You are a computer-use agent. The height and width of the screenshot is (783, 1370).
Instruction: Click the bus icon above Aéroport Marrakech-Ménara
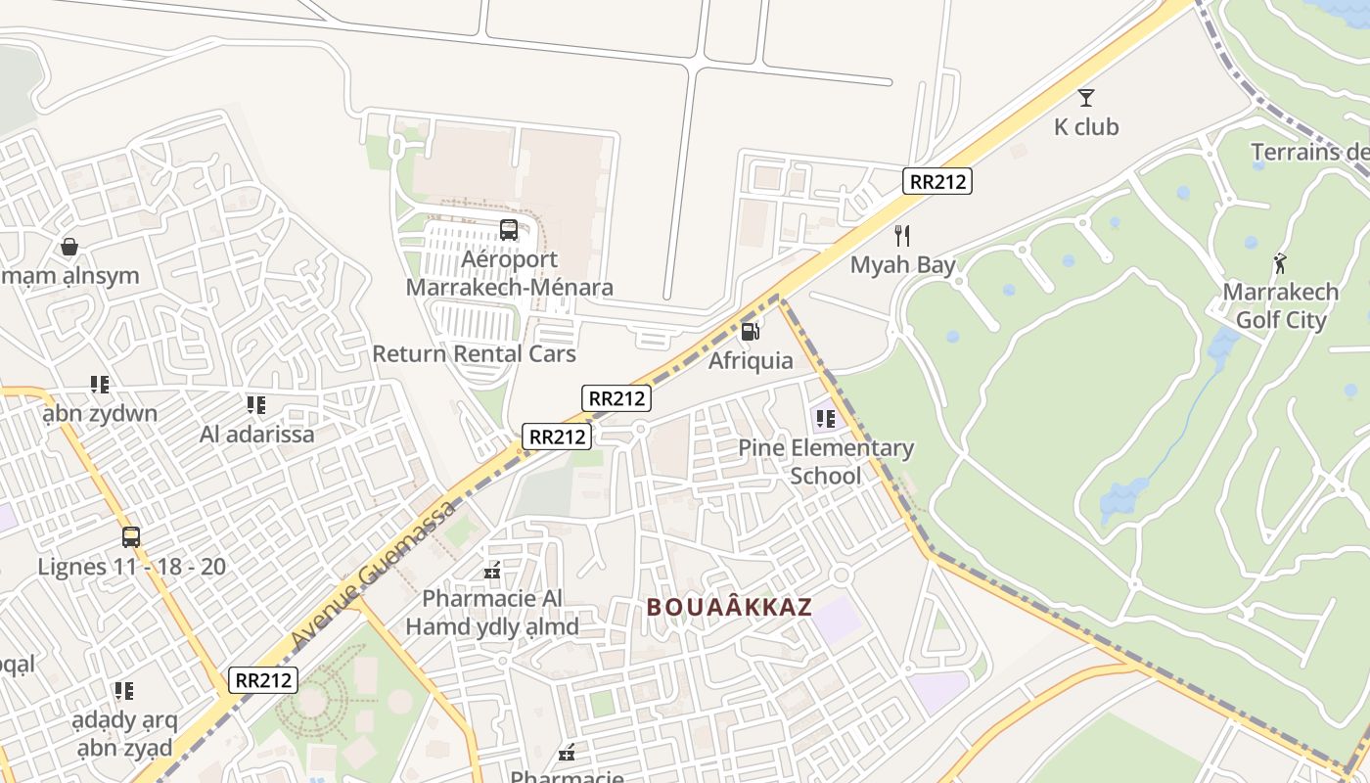[509, 230]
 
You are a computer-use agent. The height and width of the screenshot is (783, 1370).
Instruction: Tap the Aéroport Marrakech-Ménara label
[510, 273]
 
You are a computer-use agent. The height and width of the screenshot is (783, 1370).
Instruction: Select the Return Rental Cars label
[474, 353]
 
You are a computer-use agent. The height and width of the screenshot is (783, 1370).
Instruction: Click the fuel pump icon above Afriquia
[751, 332]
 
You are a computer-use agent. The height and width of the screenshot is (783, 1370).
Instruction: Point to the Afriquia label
[751, 361]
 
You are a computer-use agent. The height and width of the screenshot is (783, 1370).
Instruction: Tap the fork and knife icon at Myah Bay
[902, 236]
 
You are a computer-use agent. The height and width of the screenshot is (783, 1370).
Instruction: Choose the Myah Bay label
[902, 265]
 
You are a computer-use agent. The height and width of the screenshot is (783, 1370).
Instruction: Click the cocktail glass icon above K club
[1085, 98]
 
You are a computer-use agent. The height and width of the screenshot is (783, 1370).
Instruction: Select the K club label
[1085, 127]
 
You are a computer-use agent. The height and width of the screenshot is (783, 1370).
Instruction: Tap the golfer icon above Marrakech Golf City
[1280, 263]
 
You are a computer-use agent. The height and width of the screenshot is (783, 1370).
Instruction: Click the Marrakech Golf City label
[1280, 306]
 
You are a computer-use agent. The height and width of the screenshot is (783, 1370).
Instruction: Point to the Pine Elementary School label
[825, 462]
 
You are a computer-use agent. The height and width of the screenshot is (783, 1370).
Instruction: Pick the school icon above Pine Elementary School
[825, 419]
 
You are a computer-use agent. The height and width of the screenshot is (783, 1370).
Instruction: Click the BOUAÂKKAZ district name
[729, 607]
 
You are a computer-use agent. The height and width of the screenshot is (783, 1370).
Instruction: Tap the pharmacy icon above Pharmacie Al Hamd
[492, 570]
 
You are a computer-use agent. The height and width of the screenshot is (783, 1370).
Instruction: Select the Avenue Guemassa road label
[374, 574]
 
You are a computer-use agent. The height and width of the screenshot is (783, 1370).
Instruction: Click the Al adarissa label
[256, 434]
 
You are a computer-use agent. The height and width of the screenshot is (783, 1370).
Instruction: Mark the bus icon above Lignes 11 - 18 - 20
[131, 537]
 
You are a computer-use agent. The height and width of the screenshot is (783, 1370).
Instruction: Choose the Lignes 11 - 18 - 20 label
[131, 567]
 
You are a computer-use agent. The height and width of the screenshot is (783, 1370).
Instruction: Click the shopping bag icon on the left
[69, 247]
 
